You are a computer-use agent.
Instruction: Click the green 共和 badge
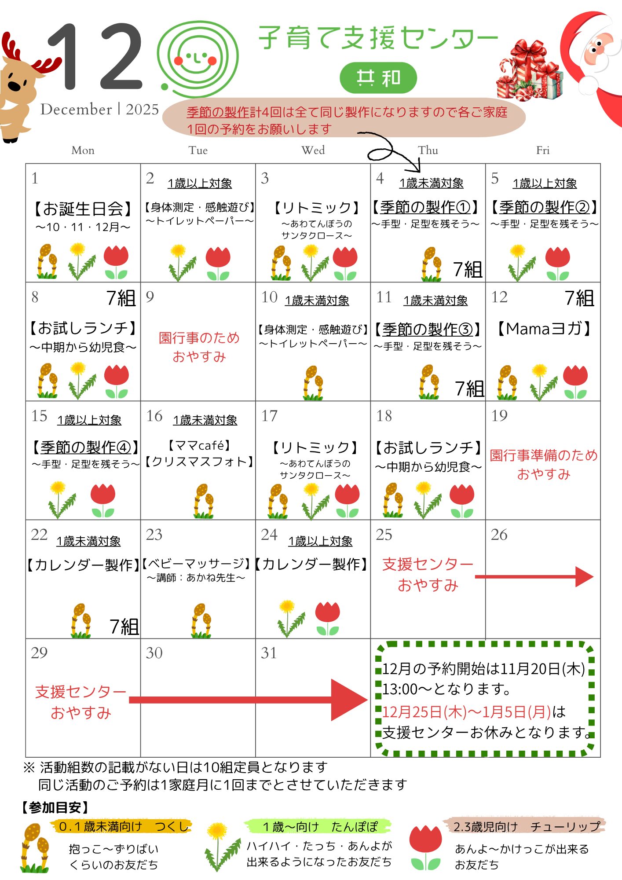click(378, 78)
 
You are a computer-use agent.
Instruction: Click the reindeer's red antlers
click(31, 57)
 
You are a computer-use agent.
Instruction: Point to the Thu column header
click(428, 150)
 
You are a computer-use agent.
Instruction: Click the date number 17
click(269, 416)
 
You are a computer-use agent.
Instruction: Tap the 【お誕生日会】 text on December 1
click(83, 209)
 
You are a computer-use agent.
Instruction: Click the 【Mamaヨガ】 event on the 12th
click(543, 329)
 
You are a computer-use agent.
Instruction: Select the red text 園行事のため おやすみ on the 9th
click(199, 347)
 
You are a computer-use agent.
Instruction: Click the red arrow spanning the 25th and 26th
click(534, 577)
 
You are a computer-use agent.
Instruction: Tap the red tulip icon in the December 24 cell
click(328, 618)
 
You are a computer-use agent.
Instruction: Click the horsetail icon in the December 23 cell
click(201, 620)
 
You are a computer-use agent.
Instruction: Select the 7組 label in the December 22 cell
click(124, 627)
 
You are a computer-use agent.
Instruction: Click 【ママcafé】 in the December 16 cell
click(199, 446)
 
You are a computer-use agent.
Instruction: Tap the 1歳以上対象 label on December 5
click(545, 183)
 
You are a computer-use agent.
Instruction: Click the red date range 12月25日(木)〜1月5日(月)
click(466, 711)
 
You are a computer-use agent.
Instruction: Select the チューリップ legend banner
click(526, 826)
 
